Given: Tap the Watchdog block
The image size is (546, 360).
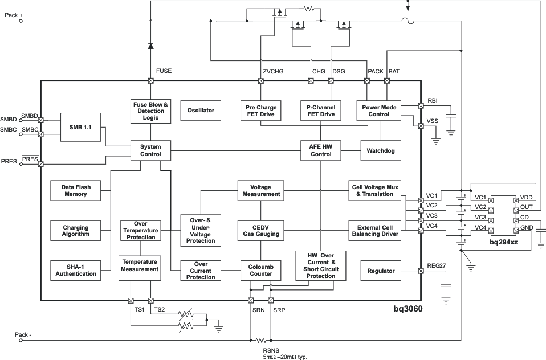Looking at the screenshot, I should point(381,151).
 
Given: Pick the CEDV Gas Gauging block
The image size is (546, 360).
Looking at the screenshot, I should point(261,230).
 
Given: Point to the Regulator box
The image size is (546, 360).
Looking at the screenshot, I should point(381,271).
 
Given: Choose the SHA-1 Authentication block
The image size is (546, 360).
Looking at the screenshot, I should point(76,270).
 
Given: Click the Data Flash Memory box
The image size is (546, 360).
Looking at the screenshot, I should point(76,190).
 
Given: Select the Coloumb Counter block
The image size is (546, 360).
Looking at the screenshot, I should point(261,270).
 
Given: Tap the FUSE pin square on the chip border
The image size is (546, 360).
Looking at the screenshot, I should point(150,81).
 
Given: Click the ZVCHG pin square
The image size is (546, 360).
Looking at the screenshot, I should point(261,81).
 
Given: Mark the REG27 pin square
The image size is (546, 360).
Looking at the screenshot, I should point(421,271).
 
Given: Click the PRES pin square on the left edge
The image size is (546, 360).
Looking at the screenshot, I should point(40,164).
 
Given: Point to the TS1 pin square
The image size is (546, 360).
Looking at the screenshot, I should point(131,300).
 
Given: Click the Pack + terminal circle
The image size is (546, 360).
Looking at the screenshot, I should point(21,21).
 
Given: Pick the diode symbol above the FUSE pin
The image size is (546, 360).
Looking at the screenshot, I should point(150,45).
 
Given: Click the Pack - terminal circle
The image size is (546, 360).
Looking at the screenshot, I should point(21,341).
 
